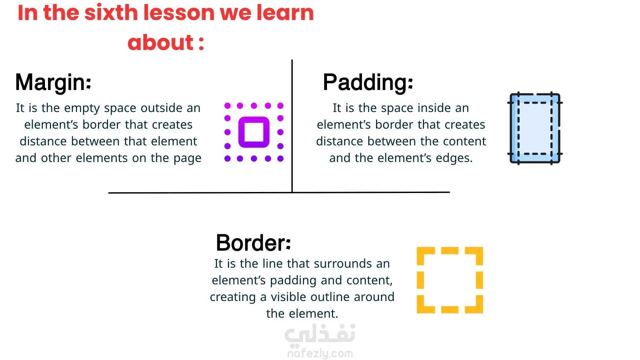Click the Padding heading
tap(368, 82)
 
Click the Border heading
tap(253, 243)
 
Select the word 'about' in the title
tap(161, 42)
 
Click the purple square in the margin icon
tap(254, 132)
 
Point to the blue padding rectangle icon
tap(535, 128)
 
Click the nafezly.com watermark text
tap(320, 353)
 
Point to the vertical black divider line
tap(292, 126)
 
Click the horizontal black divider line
tap(279, 192)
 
